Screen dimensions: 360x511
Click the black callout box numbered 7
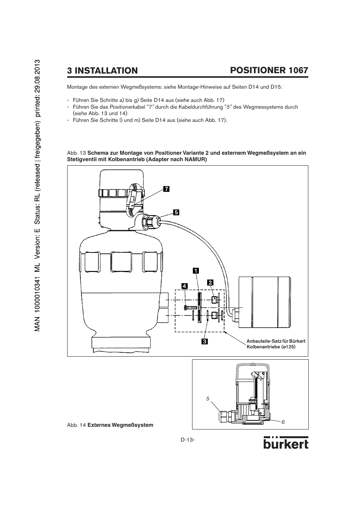point(166,189)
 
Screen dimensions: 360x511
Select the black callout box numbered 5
point(176,212)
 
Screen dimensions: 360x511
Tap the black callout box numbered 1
point(196,271)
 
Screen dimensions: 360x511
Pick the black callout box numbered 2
point(210,283)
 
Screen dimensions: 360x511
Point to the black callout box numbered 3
point(205,342)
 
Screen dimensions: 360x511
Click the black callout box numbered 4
point(185,286)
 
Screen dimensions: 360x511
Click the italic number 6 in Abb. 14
point(283,422)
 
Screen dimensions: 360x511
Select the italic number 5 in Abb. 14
point(208,399)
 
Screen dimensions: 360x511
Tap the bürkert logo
point(286,443)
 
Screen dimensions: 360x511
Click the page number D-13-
point(188,440)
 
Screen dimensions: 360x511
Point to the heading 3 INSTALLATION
point(102,71)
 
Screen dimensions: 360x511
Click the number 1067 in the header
point(298,70)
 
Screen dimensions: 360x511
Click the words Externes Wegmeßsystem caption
point(120,425)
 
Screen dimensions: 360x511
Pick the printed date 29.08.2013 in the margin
point(37,75)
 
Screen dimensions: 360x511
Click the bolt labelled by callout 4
point(189,308)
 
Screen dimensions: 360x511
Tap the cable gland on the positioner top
point(151,221)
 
